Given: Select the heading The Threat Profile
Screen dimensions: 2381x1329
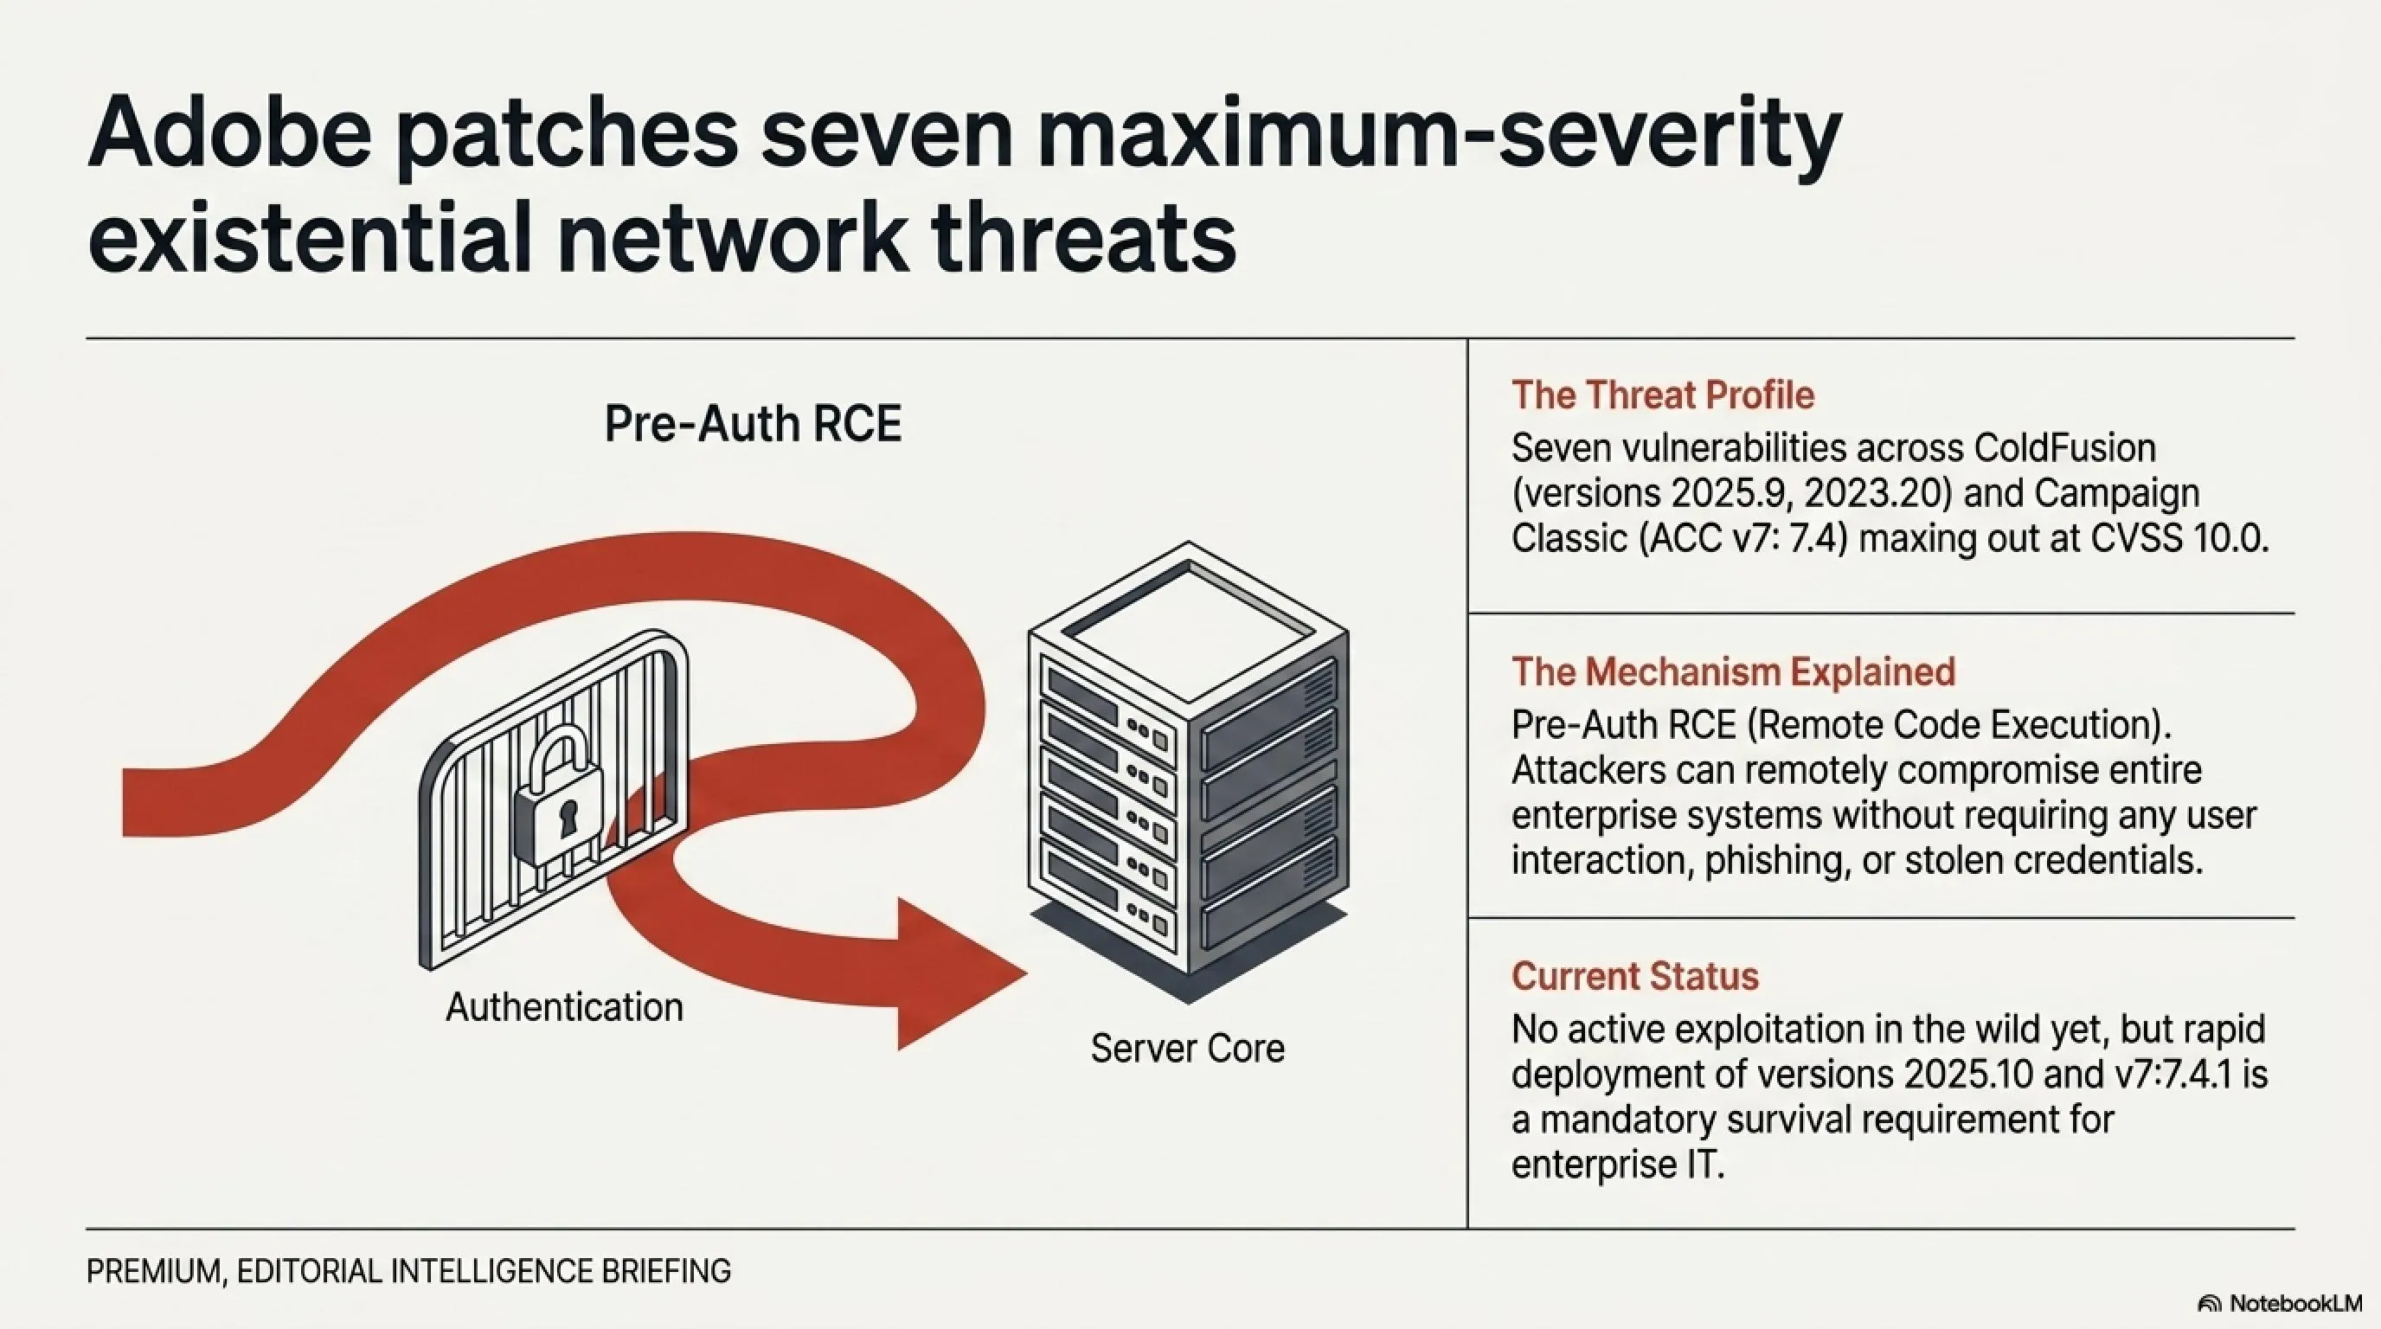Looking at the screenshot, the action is [x=1663, y=395].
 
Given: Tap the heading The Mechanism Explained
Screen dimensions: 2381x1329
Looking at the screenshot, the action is [x=1733, y=672].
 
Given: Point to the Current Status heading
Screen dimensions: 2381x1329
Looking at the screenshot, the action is [x=1635, y=976].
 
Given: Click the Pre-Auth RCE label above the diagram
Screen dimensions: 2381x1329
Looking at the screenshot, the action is [x=753, y=424].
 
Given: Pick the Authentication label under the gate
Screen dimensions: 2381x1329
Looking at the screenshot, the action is [x=565, y=1007].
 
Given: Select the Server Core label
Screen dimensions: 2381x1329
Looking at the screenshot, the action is [x=1188, y=1048].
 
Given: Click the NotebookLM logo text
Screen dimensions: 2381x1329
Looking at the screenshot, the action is [x=2296, y=1303].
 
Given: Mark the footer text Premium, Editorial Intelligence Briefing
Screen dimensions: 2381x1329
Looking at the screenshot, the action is [x=408, y=1272].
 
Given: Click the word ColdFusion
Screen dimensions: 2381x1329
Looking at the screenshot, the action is [x=2065, y=448].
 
